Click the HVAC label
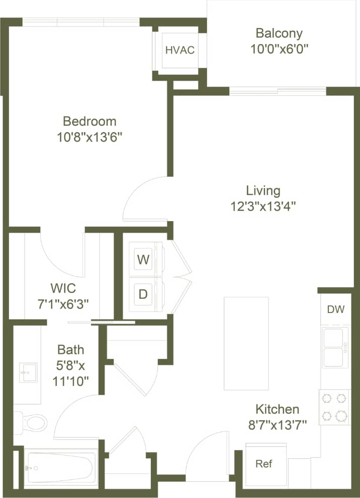pyautogui.click(x=179, y=50)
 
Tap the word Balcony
pyautogui.click(x=279, y=34)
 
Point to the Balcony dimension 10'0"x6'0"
pyautogui.click(x=279, y=49)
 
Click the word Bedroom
pyautogui.click(x=89, y=121)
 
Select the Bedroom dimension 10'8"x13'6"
pyautogui.click(x=89, y=136)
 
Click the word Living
pyautogui.click(x=263, y=191)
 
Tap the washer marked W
pyautogui.click(x=144, y=260)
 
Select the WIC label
pyautogui.click(x=63, y=289)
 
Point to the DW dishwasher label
pyautogui.click(x=336, y=310)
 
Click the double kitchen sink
pyautogui.click(x=335, y=347)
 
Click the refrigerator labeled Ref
pyautogui.click(x=264, y=463)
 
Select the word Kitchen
pyautogui.click(x=277, y=409)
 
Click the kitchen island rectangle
pyautogui.click(x=246, y=343)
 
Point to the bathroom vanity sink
pyautogui.click(x=28, y=372)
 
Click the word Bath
pyautogui.click(x=70, y=350)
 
